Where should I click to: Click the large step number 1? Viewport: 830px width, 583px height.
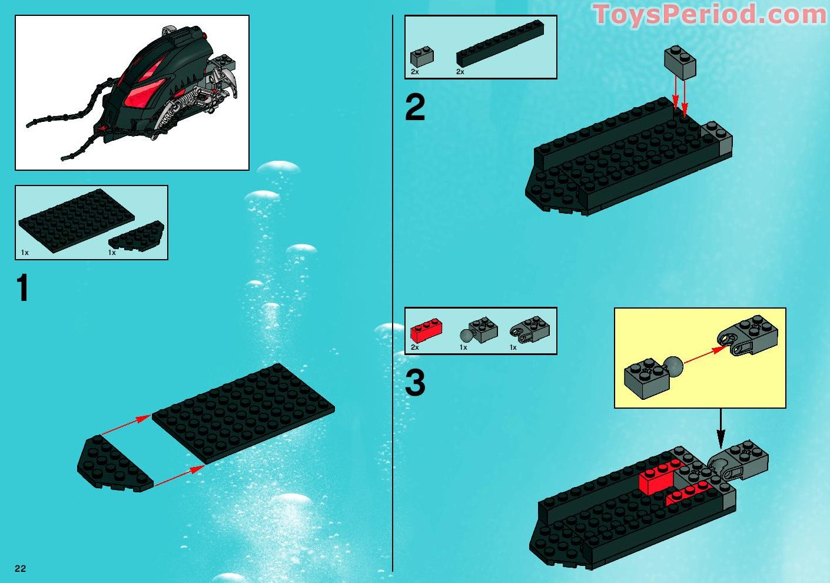(22, 289)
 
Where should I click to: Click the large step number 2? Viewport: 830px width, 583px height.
(415, 108)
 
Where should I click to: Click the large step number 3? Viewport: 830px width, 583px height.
(415, 383)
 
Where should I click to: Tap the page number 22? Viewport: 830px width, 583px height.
(21, 568)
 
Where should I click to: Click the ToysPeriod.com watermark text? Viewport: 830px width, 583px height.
(709, 15)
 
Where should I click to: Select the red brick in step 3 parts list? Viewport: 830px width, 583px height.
(426, 331)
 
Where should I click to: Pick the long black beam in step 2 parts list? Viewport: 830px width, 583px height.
(500, 43)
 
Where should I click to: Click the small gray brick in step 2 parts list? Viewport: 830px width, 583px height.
(421, 57)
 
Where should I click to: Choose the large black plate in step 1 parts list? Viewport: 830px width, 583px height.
(76, 220)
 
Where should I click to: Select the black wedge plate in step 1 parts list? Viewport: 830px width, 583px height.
(137, 237)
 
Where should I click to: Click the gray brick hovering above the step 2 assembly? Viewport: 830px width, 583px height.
(680, 62)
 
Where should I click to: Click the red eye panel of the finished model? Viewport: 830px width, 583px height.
(141, 91)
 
